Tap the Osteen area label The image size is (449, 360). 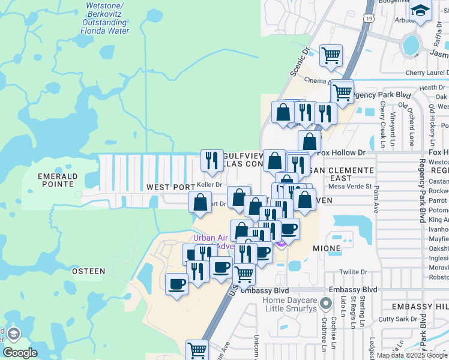click(88, 271)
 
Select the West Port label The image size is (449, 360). click(171, 187)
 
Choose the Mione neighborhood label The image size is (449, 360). click(327, 248)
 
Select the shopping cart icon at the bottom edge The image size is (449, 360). click(197, 349)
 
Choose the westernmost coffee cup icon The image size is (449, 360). click(176, 283)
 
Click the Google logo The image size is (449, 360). click(20, 353)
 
